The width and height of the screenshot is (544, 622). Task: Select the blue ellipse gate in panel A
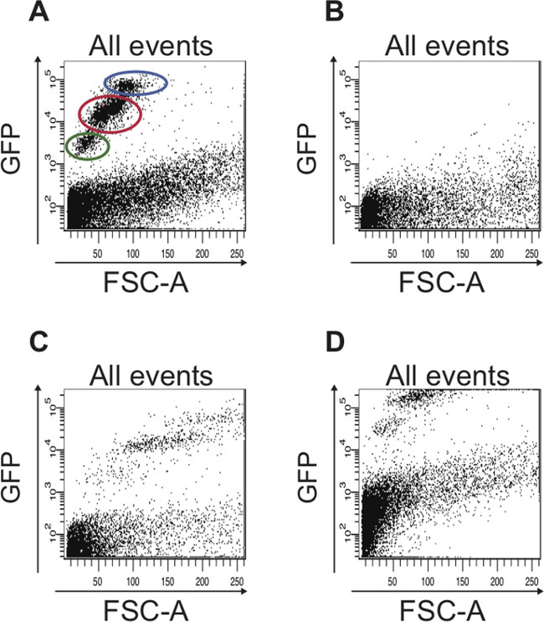coord(136,83)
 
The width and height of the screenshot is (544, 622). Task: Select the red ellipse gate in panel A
coord(110,112)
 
